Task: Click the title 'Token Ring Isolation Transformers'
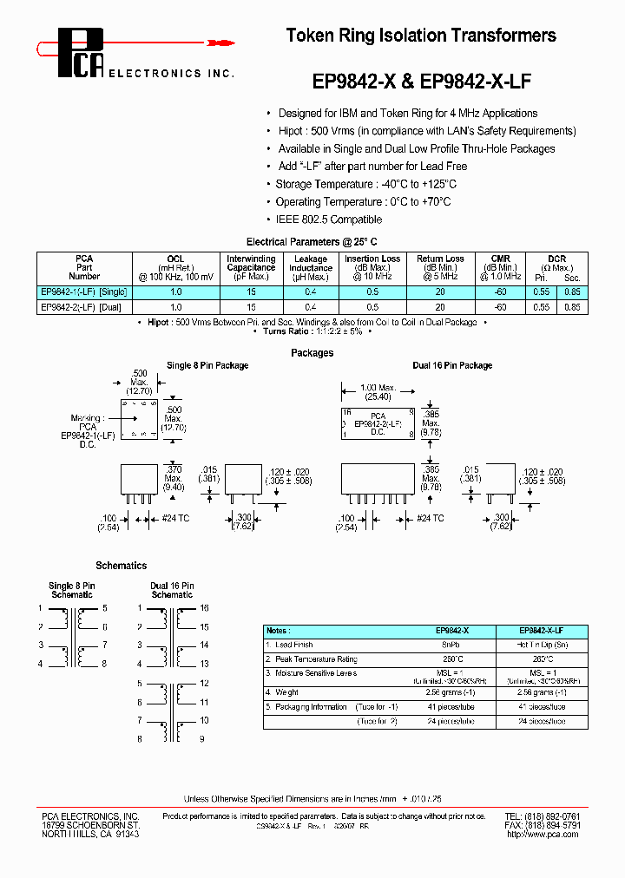421,36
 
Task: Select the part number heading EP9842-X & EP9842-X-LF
421,82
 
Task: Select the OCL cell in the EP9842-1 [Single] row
176,292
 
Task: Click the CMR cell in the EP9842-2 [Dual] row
500,307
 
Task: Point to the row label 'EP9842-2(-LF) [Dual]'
82,307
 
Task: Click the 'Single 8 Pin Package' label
207,366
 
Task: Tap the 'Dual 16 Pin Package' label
452,366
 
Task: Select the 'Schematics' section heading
121,566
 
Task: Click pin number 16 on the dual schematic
205,608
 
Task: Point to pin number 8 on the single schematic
104,664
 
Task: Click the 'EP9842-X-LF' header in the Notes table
542,631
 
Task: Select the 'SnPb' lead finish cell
451,645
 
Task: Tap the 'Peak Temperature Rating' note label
316,659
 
